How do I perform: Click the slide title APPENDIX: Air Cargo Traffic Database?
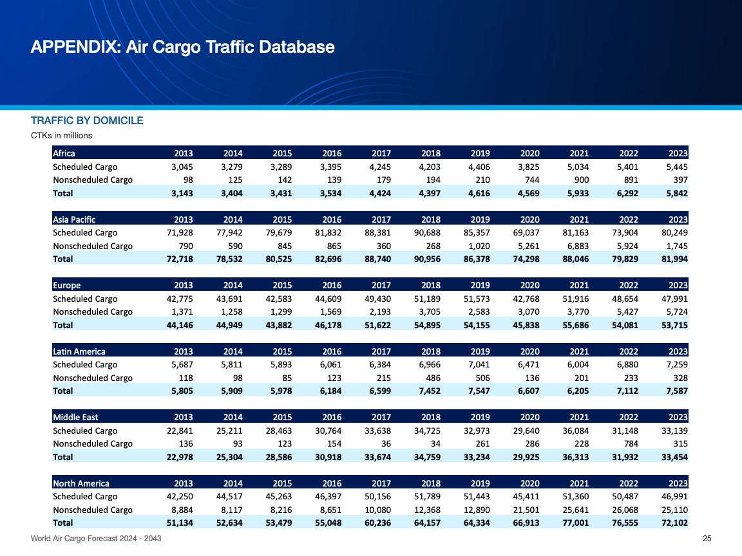182,47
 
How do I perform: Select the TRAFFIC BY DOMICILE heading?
87,121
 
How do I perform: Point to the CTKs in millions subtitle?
62,135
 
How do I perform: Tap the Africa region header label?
64,153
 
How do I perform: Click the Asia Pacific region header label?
74,219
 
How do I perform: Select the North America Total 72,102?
674,523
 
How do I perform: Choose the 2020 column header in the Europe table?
529,285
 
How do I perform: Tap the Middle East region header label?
75,417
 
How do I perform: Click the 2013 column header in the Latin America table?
184,351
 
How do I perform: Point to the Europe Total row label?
63,325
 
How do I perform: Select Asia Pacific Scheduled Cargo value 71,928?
180,232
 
